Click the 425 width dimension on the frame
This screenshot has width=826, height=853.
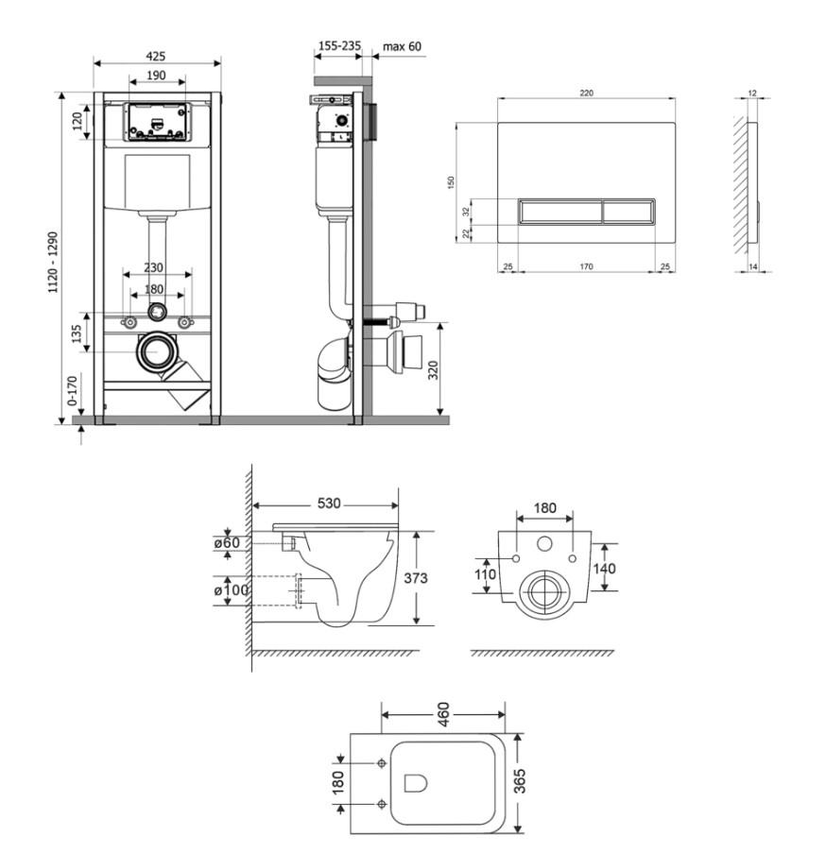coord(156,56)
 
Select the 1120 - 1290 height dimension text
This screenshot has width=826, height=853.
coord(53,263)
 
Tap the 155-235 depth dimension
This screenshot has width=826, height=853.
coord(339,45)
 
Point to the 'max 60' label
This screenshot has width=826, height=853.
coord(402,46)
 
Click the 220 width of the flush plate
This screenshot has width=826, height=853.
coord(586,93)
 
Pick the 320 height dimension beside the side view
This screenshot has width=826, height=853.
coord(433,370)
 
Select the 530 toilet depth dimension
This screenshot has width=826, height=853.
coord(329,503)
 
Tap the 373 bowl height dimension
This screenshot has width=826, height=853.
coord(415,578)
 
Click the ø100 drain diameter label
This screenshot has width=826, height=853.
coord(231,589)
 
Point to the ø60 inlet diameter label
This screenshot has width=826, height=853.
coord(227,542)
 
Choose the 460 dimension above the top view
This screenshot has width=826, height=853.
coord(443,714)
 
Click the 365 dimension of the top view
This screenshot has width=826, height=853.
coord(520,780)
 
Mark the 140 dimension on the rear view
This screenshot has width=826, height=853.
coord(604,569)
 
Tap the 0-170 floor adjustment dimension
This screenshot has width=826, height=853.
coord(72,390)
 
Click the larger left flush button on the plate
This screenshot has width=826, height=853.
coord(559,212)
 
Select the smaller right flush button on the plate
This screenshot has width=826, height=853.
coord(628,212)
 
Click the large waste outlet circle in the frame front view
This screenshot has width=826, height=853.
coord(157,351)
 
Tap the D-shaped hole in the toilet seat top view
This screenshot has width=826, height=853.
coord(415,783)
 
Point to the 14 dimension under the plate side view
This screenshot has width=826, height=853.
coord(753,266)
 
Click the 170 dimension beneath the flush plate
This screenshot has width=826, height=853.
coord(586,266)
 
